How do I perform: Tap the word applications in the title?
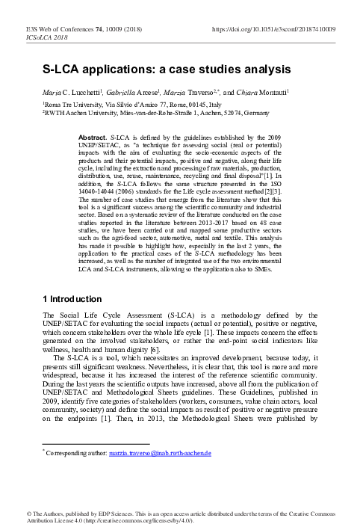point(125,68)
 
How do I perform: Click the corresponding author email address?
point(170,453)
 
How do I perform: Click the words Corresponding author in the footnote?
point(75,453)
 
